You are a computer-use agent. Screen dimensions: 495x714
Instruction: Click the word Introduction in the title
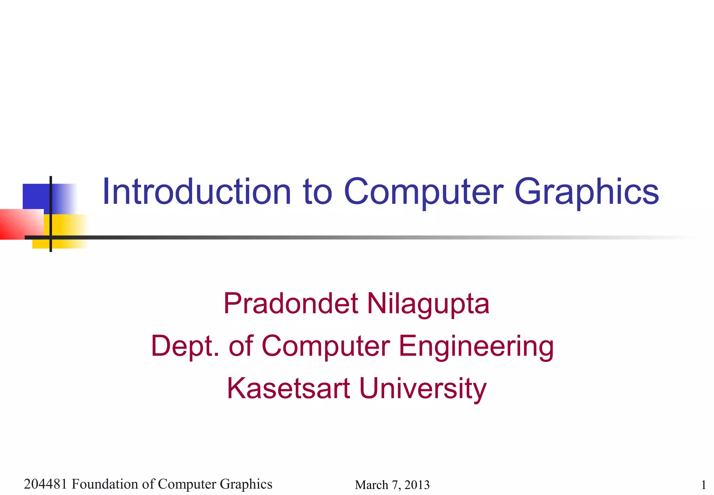[197, 192]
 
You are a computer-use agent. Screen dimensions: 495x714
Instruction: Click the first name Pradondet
[291, 303]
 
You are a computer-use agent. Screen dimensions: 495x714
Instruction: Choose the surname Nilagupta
[428, 303]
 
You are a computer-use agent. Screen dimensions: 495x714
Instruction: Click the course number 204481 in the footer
[45, 484]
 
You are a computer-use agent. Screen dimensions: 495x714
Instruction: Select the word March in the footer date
[371, 485]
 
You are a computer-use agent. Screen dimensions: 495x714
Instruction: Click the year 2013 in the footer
[417, 485]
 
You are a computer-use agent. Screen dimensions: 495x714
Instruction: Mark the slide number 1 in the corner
[704, 485]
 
